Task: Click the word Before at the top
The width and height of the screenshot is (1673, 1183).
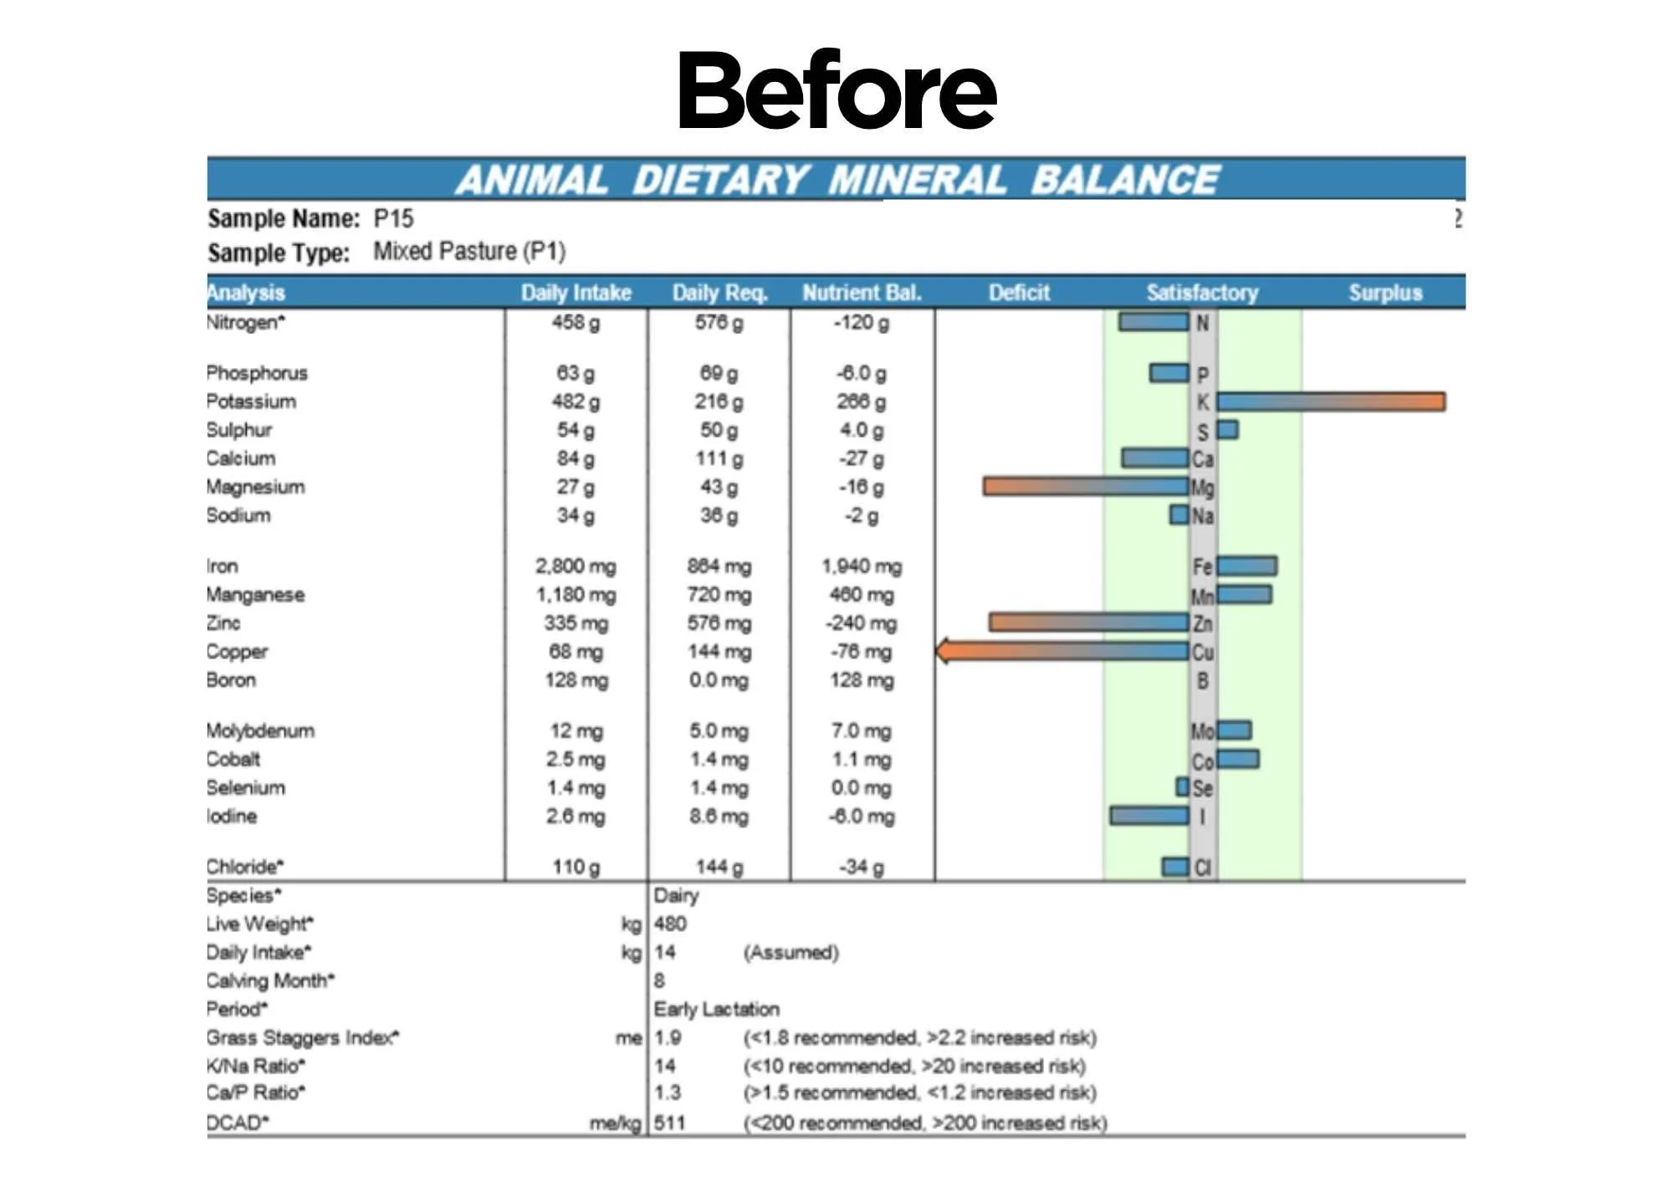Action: pos(837,90)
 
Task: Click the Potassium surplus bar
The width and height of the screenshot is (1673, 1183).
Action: pos(1331,402)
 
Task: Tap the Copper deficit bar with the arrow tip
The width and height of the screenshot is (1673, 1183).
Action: pos(1062,651)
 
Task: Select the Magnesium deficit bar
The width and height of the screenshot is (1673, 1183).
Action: pos(1087,486)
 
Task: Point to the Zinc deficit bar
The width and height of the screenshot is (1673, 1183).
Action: pos(1089,622)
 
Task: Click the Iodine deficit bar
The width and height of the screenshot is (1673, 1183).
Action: pos(1149,815)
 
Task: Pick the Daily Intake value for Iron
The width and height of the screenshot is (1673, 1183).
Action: pos(576,566)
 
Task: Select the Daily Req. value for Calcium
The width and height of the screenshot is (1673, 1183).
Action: pos(719,458)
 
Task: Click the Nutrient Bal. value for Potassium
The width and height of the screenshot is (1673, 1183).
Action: pos(861,402)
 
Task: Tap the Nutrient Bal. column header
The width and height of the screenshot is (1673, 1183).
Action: pos(862,293)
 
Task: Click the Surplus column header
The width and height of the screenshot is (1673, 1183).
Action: pos(1385,293)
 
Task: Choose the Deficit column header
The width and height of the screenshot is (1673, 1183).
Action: pos(1019,293)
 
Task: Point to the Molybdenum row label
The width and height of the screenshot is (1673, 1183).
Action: pos(260,730)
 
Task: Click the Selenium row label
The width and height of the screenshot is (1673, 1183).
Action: pos(246,787)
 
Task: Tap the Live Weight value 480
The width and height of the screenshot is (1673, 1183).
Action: pos(670,924)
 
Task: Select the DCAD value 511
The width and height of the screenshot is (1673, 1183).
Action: pos(669,1122)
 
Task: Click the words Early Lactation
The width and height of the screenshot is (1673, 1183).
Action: pos(717,1009)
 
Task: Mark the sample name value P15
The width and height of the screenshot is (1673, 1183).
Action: pos(393,218)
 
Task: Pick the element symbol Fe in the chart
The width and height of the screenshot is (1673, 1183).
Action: pos(1202,566)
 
